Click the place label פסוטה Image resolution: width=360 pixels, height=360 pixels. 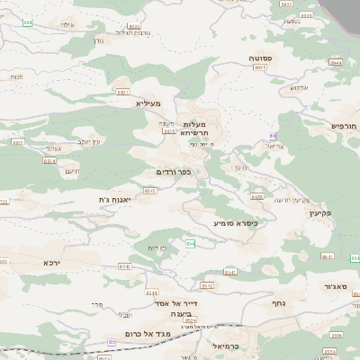click(263, 57)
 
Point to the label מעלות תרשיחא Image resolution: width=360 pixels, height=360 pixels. click(193, 128)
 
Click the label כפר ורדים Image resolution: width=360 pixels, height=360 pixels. click(173, 170)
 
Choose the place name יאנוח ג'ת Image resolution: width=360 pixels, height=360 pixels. click(114, 199)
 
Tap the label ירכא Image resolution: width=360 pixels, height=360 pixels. click(52, 263)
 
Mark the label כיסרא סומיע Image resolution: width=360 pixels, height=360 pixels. click(236, 222)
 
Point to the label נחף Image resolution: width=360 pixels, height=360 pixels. click(278, 303)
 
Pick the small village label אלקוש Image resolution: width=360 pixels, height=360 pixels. click(299, 87)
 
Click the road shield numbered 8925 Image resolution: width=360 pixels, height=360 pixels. click(260, 67)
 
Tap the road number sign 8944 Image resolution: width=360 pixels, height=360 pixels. click(335, 63)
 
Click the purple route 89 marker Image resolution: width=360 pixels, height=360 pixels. click(273, 136)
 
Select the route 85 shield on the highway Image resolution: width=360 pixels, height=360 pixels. click(112, 343)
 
